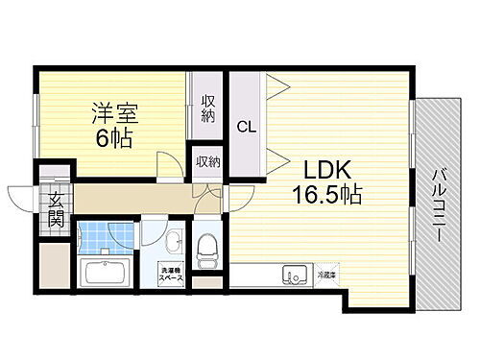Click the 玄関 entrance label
coord(55,208)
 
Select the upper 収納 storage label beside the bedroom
coord(208,107)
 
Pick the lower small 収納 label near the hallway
coord(206,160)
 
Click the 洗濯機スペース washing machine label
coord(172,274)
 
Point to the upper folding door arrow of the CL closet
coord(277,85)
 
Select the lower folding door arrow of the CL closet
coord(277,159)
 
